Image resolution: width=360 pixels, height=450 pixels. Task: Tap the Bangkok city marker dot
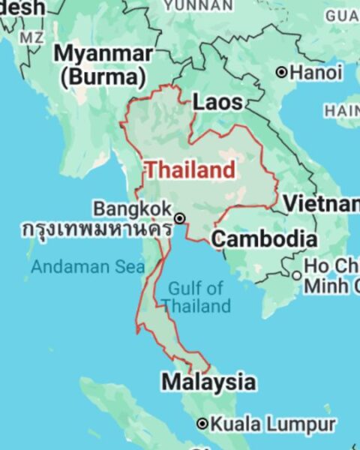click(x=180, y=217)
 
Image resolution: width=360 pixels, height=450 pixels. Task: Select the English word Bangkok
click(x=132, y=208)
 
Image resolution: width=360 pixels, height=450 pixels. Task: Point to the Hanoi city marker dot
click(x=281, y=73)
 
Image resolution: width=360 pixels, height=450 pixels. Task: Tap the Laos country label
click(x=218, y=102)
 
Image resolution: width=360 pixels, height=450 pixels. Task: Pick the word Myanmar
click(x=103, y=54)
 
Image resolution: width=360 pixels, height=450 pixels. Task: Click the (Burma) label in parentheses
click(x=103, y=76)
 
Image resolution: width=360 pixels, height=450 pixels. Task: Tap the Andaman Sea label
click(x=77, y=265)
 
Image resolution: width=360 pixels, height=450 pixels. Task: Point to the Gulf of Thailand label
click(x=196, y=297)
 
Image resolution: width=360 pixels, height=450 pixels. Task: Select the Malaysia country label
click(x=208, y=382)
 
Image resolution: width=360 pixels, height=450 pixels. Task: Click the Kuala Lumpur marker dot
click(x=202, y=424)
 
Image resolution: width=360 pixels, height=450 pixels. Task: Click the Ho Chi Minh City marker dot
click(x=297, y=276)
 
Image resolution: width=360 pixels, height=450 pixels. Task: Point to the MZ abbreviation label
click(x=31, y=37)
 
